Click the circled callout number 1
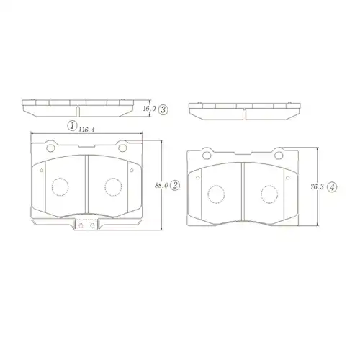tap(72, 126)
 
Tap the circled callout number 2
tap(175, 185)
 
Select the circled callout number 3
tap(163, 109)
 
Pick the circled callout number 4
tap(332, 187)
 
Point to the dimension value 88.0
tap(161, 186)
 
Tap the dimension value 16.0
tap(149, 109)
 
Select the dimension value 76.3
tap(317, 187)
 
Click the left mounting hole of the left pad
tap(50, 148)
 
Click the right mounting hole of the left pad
tap(122, 148)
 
